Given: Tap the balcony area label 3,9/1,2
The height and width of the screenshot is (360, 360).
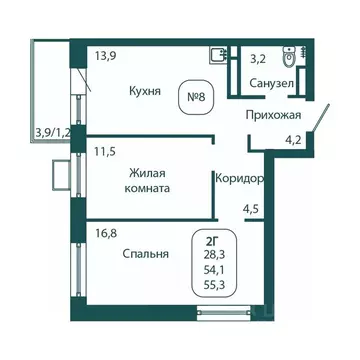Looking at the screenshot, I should coord(52,130).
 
